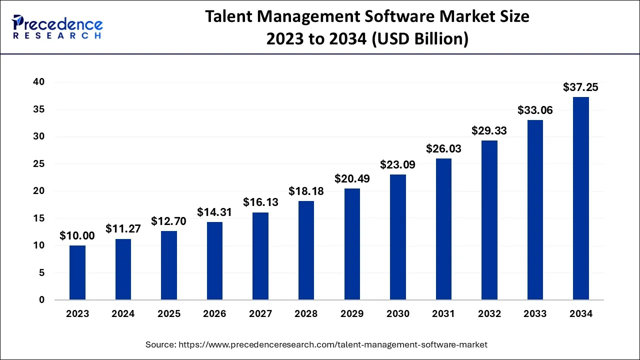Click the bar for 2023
click(77, 272)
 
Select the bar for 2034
click(580, 198)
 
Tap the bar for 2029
click(352, 244)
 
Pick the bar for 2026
click(214, 261)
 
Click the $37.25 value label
click(580, 87)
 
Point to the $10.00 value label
click(77, 236)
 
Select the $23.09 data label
click(397, 164)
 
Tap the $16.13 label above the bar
click(260, 202)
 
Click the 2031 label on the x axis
click(443, 314)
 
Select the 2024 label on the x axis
click(123, 314)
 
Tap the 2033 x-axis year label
click(534, 314)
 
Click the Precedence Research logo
click(57, 27)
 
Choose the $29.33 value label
click(489, 131)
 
